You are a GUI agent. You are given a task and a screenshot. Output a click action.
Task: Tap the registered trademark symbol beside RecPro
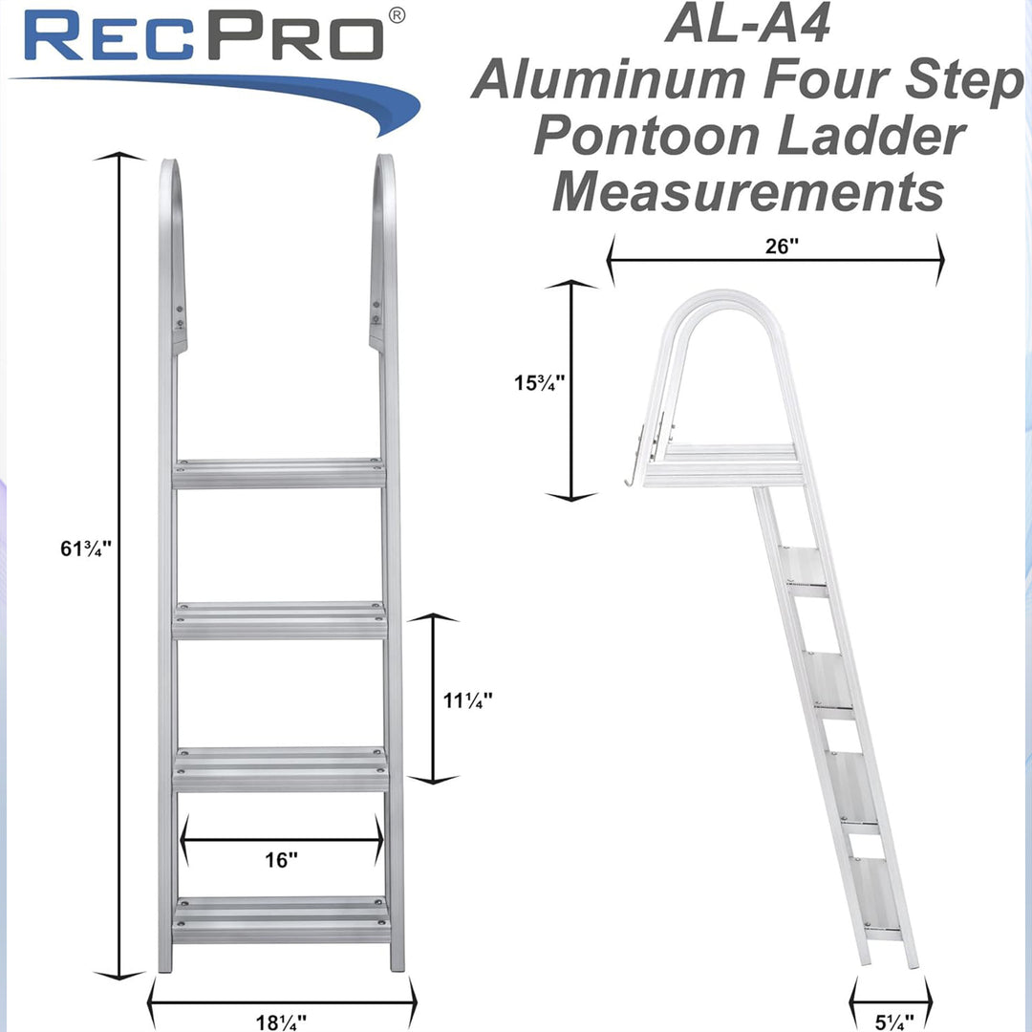pos(398,14)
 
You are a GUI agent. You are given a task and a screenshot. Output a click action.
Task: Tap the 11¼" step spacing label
pos(467,700)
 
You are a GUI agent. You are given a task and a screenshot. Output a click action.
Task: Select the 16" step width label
pos(281,860)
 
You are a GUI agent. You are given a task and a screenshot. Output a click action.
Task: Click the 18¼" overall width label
pos(281,1019)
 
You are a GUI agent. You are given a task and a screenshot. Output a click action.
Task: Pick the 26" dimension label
pos(781,246)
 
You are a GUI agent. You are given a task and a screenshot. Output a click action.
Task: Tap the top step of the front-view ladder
pos(279,473)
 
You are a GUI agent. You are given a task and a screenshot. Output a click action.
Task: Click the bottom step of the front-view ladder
pos(281,919)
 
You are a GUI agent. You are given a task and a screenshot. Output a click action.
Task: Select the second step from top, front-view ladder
pos(279,620)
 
